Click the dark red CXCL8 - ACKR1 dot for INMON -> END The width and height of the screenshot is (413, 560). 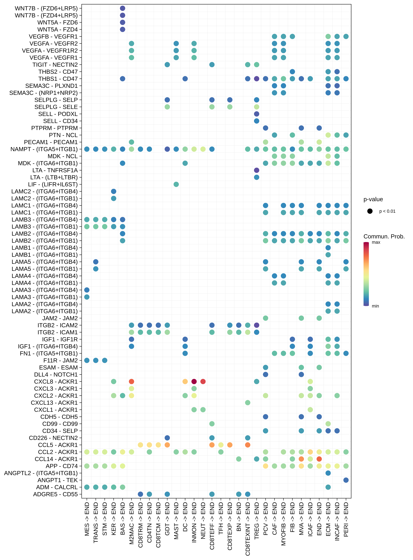(x=194, y=382)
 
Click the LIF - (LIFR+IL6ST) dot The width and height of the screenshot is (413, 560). (x=176, y=184)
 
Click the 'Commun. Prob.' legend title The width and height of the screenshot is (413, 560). (x=384, y=236)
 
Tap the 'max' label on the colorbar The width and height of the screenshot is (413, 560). (x=376, y=242)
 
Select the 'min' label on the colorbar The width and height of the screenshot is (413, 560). (x=375, y=306)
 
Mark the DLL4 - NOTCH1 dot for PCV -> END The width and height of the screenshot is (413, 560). (x=265, y=375)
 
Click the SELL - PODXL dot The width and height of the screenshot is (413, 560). (x=257, y=114)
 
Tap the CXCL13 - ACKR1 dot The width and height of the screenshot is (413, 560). (x=247, y=403)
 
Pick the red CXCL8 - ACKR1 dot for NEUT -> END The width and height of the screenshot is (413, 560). (x=203, y=382)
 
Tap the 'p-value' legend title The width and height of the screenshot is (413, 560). (x=373, y=199)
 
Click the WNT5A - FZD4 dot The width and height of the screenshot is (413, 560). (x=122, y=30)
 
